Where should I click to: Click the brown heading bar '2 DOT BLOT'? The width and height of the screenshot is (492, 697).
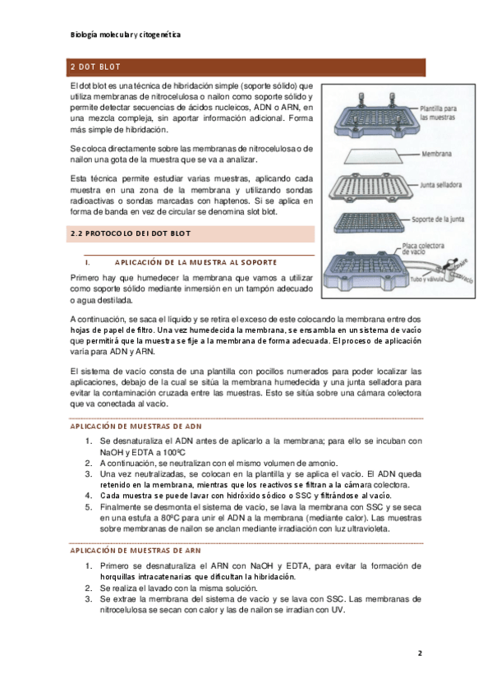point(246,67)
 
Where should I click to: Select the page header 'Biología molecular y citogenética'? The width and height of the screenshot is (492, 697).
point(125,35)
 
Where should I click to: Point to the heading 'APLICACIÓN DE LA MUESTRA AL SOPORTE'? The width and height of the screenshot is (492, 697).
point(195,262)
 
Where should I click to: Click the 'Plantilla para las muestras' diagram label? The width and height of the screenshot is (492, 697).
point(439,113)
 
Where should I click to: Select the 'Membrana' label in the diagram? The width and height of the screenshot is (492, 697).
point(436,154)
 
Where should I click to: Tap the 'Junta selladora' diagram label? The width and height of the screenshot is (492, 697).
point(441,184)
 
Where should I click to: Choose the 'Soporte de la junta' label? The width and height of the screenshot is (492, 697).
point(438,219)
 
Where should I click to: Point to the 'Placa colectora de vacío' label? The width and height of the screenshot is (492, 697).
point(423,248)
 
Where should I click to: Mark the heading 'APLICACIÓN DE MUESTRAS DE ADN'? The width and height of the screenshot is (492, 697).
point(136,427)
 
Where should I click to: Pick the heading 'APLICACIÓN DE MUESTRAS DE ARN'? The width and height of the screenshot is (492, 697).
point(136,551)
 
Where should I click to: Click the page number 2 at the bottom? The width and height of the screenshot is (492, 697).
point(420,653)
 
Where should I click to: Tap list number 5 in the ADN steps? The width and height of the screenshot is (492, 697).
point(89,507)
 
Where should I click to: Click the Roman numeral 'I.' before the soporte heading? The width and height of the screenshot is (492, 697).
point(88,263)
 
